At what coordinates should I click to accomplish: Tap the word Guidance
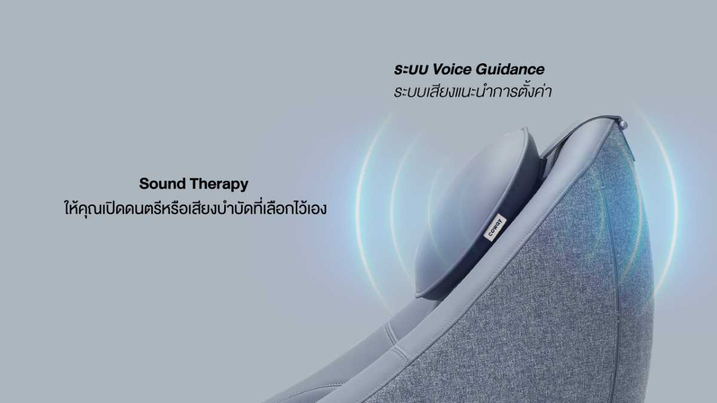point(510,69)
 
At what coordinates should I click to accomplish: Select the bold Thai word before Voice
point(410,70)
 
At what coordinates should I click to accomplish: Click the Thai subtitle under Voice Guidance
point(473,91)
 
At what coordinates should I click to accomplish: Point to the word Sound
point(163,184)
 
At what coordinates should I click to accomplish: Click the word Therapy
point(219,184)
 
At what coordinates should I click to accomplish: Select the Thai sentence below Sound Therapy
point(195,208)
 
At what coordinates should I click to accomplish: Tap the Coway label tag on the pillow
point(495,227)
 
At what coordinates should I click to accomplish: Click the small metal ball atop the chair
point(623,124)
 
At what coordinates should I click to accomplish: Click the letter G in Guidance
point(482,69)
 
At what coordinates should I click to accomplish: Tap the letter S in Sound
point(144,184)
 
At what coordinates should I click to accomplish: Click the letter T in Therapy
point(195,184)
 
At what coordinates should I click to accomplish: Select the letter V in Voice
point(438,69)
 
